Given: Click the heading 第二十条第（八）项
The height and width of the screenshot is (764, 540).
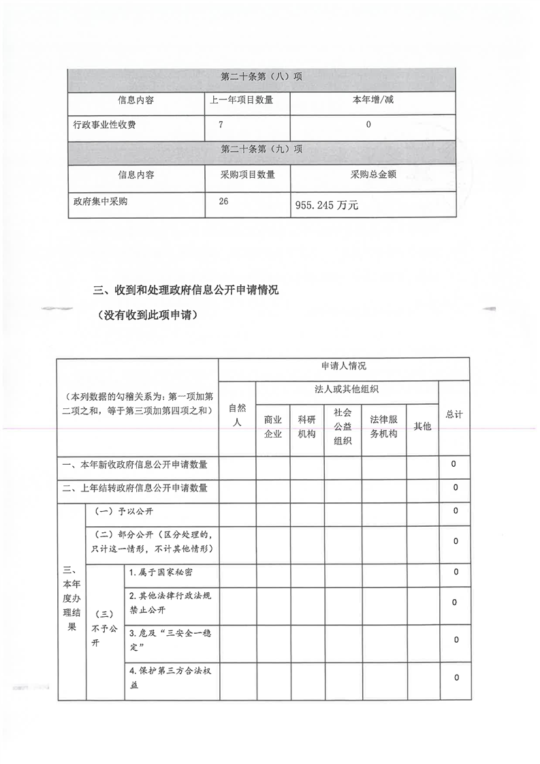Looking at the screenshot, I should tap(261, 77).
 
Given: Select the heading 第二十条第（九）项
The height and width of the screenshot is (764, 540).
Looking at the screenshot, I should tap(261, 150).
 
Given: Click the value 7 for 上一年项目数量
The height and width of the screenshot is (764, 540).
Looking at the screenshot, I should tap(221, 125).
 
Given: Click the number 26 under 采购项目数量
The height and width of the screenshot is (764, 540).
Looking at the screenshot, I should tap(225, 202).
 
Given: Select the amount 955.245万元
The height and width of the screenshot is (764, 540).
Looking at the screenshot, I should tap(325, 204).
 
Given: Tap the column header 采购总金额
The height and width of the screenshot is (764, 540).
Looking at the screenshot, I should tap(372, 175).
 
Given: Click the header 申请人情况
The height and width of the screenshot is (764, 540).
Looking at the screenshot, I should tap(343, 367).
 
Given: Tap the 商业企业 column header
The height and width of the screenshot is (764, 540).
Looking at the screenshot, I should tap(272, 426).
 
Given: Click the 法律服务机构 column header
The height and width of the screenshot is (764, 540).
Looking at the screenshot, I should tap(383, 426).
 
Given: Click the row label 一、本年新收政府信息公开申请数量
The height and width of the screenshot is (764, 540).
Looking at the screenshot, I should tap(135, 465).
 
